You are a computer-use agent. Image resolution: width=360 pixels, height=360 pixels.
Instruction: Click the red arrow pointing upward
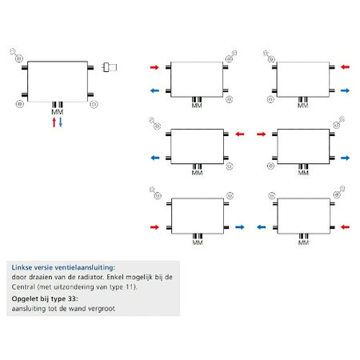tap(54, 122)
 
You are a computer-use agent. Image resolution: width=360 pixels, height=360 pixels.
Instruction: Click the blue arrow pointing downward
tap(61, 122)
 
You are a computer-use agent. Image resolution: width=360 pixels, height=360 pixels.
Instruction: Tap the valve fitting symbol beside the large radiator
tap(110, 67)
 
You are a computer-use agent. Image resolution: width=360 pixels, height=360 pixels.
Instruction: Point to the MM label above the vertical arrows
tap(58, 112)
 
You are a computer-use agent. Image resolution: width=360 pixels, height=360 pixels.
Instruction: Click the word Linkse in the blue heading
tap(22, 267)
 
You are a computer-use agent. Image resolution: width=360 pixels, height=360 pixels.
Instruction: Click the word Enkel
tap(114, 277)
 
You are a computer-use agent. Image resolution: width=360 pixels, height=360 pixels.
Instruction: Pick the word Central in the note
tap(23, 287)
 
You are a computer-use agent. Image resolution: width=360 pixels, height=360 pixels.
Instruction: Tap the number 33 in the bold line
tap(72, 298)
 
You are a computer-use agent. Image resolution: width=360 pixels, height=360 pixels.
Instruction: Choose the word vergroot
tap(102, 309)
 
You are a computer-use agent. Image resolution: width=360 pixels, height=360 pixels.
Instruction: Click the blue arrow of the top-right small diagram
tap(345, 90)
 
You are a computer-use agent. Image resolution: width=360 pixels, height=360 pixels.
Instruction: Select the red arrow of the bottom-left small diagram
tap(154, 227)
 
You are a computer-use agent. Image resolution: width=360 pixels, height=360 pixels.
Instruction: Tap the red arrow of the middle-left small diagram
tap(240, 134)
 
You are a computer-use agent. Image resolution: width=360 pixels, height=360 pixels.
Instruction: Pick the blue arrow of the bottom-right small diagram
tap(262, 227)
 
